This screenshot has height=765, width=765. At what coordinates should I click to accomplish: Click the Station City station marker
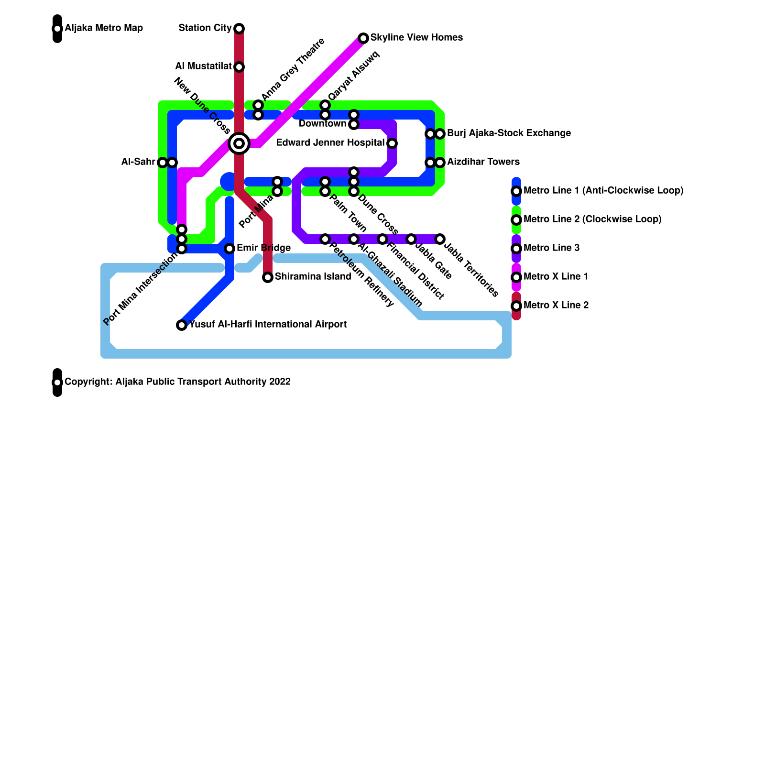(239, 29)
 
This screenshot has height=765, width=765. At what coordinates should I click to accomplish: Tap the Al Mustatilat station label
(203, 66)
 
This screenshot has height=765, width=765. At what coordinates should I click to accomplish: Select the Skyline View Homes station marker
(363, 38)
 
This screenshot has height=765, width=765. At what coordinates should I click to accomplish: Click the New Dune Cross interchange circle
(239, 143)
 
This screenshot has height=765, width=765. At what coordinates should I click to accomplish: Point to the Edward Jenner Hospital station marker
(392, 143)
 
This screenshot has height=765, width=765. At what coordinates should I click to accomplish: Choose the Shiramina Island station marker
(268, 277)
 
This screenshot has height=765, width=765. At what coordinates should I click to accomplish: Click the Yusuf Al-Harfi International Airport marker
(182, 325)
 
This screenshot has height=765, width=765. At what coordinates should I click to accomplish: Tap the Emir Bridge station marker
(229, 249)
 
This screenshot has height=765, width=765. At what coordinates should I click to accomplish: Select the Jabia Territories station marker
(440, 239)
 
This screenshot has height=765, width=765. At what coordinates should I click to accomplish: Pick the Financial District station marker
(382, 239)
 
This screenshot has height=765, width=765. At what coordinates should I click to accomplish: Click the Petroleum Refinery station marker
(325, 239)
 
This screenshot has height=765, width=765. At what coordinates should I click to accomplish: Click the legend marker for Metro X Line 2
(516, 306)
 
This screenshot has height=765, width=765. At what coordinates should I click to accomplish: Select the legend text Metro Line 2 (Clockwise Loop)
(592, 219)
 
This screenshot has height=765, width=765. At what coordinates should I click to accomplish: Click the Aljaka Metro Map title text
(104, 28)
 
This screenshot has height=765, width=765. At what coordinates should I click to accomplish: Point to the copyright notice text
(177, 382)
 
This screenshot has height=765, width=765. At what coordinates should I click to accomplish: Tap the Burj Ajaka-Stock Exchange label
(509, 133)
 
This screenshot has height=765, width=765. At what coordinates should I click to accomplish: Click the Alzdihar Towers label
(483, 162)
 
